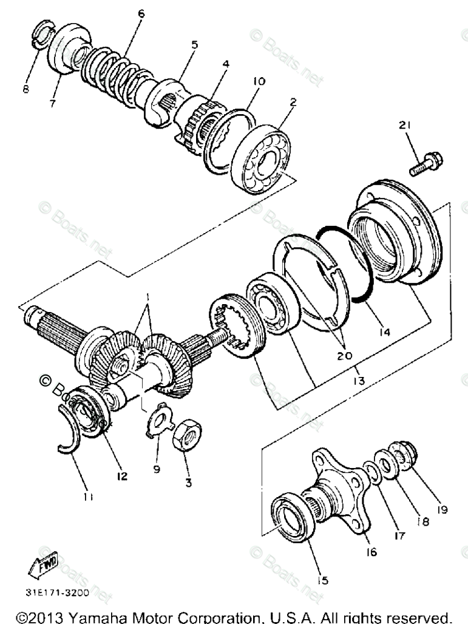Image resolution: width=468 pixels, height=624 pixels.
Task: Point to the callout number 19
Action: [442, 510]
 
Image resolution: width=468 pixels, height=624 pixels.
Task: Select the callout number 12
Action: [123, 476]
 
